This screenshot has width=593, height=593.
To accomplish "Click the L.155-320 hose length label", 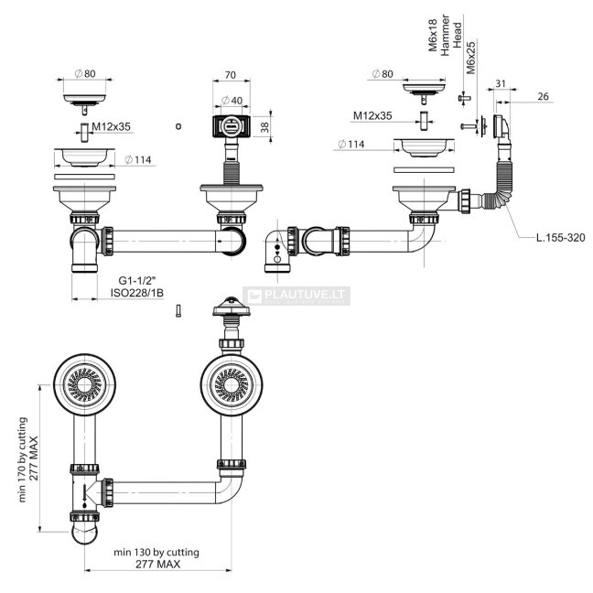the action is (x=560, y=238).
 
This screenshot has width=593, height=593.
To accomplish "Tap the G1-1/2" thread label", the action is (x=137, y=281).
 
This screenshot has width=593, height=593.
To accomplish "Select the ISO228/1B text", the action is (x=137, y=293).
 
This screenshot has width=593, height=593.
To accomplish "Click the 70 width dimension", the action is (x=230, y=75).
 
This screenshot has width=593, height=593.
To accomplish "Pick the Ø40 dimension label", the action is (x=232, y=101).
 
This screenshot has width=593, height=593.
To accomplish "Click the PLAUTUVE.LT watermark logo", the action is (x=296, y=296).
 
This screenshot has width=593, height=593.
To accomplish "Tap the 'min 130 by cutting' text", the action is (x=156, y=552).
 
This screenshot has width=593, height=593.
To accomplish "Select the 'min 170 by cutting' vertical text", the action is (x=23, y=459).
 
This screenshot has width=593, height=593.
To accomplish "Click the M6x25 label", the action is (x=470, y=58).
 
